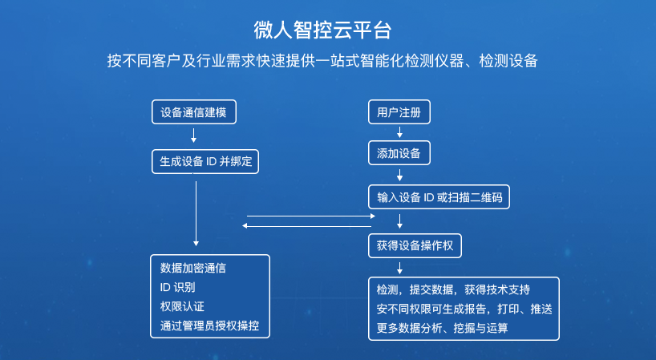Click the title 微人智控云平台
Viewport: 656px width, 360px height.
point(322,30)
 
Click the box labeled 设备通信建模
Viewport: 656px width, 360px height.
point(194,112)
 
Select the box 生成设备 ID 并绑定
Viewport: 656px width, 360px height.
point(205,161)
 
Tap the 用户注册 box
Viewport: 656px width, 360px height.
point(399,112)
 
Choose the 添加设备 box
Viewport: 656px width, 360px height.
point(399,153)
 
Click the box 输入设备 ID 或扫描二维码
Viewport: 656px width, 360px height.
point(439,197)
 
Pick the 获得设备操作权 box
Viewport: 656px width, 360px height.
point(415,245)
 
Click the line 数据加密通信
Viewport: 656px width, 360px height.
point(192,268)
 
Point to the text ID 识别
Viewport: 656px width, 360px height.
point(177,287)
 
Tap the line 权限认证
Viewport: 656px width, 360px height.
point(182,306)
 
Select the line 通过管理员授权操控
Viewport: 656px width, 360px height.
point(209,326)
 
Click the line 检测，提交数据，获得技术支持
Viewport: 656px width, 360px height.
point(453,289)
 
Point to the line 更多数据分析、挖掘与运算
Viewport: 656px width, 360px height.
point(442,328)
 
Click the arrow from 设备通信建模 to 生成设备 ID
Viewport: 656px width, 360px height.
point(193,135)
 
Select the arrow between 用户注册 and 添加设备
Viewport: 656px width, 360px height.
point(399,132)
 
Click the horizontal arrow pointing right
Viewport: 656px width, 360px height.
point(311,216)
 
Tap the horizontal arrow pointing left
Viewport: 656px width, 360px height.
point(306,226)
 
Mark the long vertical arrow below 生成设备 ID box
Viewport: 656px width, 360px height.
point(196,213)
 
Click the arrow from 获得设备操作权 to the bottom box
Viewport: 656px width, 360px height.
point(399,268)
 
